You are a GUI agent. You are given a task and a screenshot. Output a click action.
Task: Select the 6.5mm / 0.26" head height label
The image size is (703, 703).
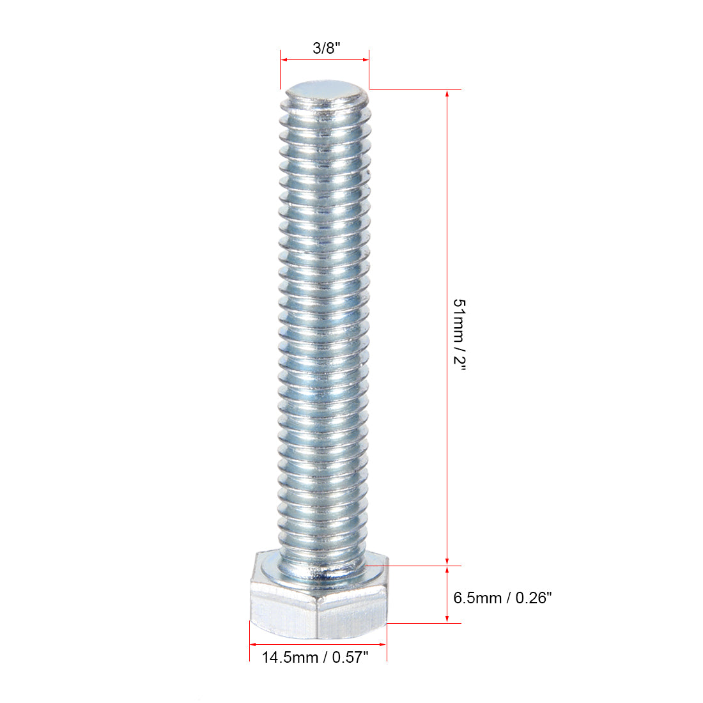point(502,598)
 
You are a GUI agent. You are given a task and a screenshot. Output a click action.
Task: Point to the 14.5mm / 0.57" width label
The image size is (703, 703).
point(315,656)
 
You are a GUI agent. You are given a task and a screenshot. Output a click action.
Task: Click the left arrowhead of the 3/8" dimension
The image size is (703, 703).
point(284,60)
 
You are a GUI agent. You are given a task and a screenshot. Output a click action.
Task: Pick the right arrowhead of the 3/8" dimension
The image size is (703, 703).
point(366,60)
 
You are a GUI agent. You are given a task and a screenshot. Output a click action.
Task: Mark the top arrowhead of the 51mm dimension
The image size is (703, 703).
point(447,93)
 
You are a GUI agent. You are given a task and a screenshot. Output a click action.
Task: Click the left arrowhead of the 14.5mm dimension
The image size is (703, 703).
point(253,644)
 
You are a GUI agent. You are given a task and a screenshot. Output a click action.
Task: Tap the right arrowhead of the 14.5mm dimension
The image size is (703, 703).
point(383,644)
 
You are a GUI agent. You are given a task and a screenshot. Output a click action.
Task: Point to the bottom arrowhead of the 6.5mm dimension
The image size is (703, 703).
point(447,618)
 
